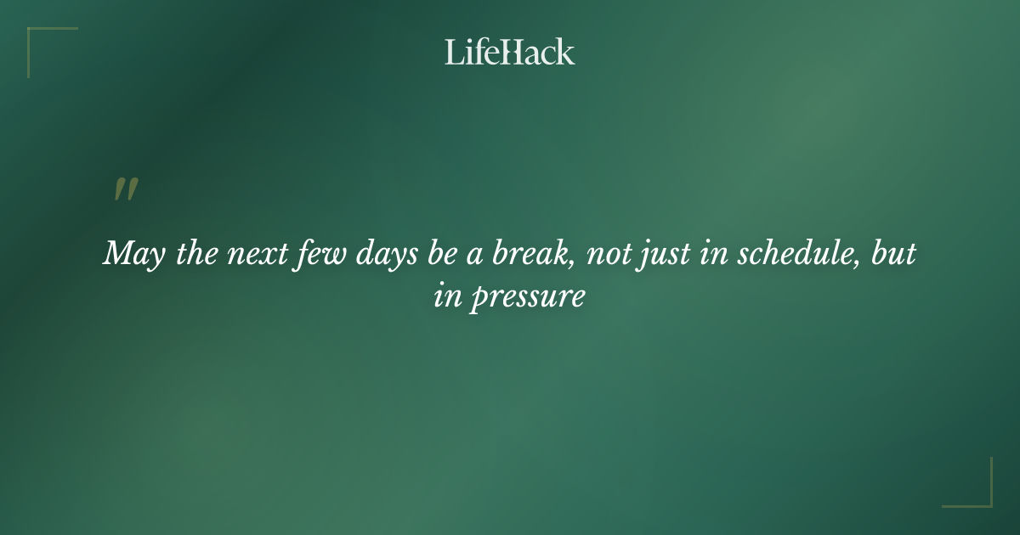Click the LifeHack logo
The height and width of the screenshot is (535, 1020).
point(510,52)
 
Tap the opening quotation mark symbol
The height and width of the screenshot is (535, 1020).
point(126,190)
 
